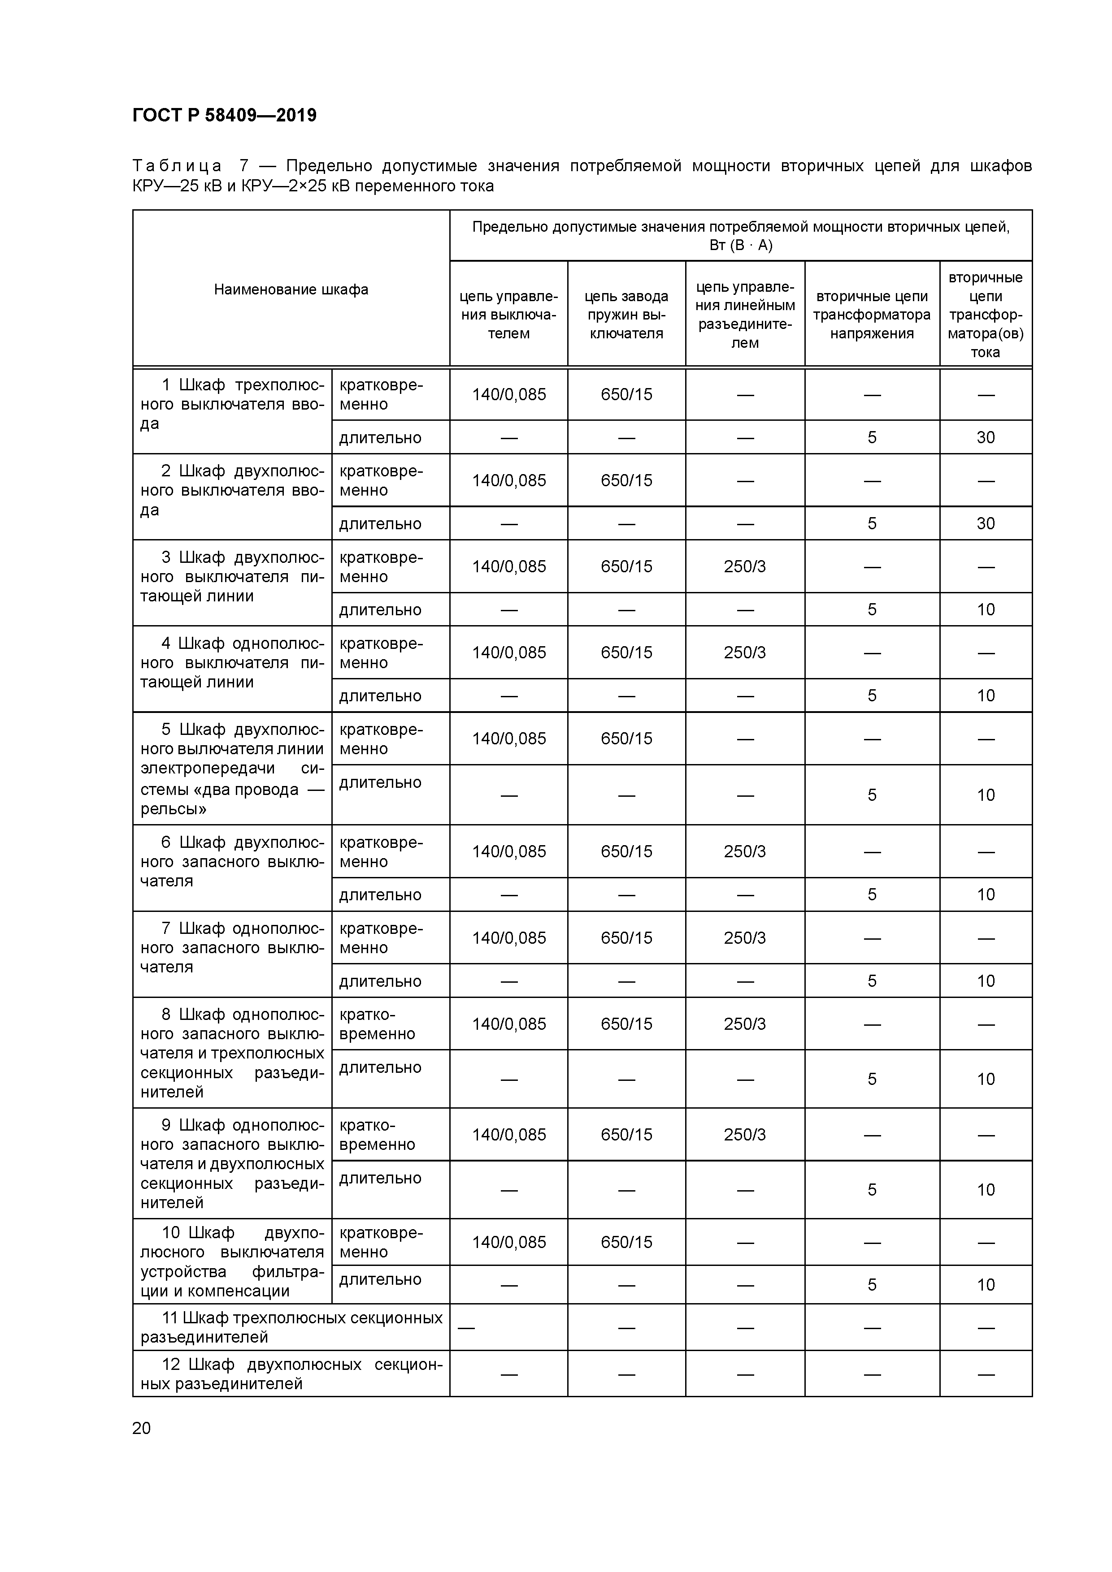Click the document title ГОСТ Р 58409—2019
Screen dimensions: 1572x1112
pos(224,115)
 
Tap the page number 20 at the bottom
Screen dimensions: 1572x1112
pos(141,1428)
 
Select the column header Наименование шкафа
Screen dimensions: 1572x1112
pos(291,289)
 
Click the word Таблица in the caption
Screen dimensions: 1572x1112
pos(177,166)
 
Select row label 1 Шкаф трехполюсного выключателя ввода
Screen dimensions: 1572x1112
pos(231,404)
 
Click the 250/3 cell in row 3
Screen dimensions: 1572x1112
pos(745,566)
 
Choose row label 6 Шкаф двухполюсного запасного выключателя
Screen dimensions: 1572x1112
pos(231,861)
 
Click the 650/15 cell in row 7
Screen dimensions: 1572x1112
pos(626,937)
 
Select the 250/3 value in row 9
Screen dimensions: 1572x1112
pos(745,1135)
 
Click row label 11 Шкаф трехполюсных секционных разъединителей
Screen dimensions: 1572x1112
pos(291,1327)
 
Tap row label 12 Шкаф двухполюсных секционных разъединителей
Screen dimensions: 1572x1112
pos(291,1373)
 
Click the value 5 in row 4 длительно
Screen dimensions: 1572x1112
pos(872,695)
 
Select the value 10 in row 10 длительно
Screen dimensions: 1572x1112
pos(985,1284)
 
